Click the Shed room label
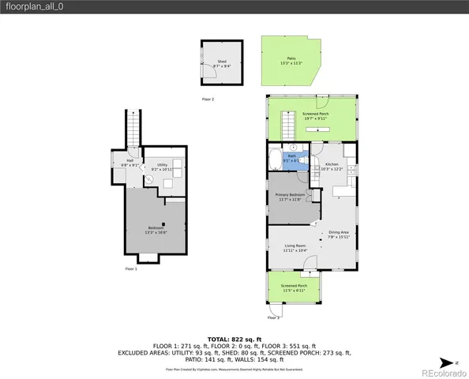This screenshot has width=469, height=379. pyautogui.click(x=222, y=63)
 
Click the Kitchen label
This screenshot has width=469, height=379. pyautogui.click(x=332, y=167)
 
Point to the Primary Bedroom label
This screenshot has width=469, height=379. pyautogui.click(x=290, y=197)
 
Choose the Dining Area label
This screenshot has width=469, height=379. pyautogui.click(x=339, y=234)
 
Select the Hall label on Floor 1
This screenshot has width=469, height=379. pyautogui.click(x=130, y=163)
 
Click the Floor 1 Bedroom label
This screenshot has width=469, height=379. pyautogui.click(x=155, y=230)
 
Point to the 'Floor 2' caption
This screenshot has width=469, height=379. pyautogui.click(x=208, y=99)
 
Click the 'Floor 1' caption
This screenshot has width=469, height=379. pyautogui.click(x=131, y=269)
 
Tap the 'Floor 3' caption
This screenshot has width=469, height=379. pyautogui.click(x=273, y=317)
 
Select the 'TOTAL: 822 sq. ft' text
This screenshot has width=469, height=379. pyautogui.click(x=234, y=338)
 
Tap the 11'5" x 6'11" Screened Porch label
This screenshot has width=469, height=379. pyautogui.click(x=294, y=287)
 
